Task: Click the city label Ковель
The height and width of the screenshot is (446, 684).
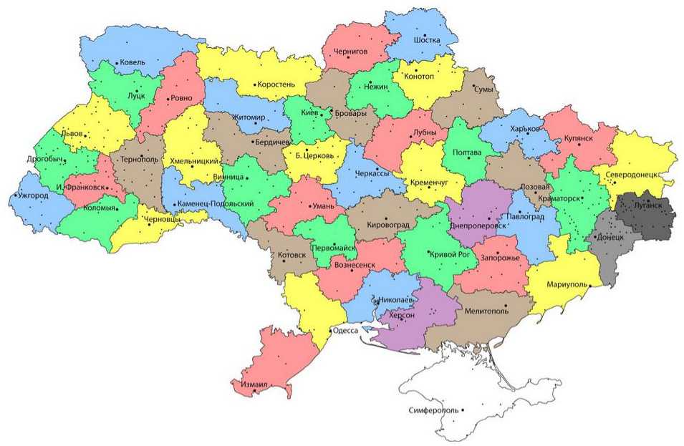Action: point(133,62)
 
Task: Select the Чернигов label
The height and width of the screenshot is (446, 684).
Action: point(351,52)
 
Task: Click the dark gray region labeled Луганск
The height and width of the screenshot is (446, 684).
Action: point(648,215)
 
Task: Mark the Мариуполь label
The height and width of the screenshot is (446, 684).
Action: point(567,284)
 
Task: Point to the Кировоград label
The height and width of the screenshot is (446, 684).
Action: point(387,225)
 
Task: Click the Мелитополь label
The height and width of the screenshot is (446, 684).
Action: point(486,311)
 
